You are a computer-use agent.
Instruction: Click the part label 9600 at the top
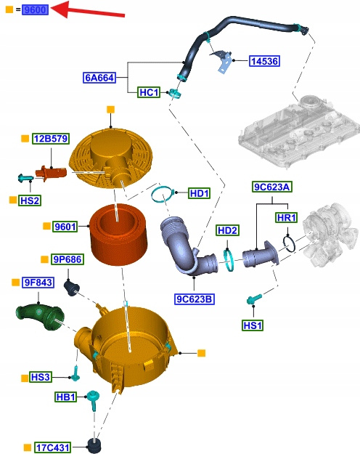(x=35, y=9)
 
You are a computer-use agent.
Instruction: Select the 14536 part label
(x=264, y=61)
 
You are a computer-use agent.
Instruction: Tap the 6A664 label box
(x=99, y=78)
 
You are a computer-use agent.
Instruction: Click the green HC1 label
(x=149, y=92)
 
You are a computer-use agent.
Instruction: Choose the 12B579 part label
(x=51, y=139)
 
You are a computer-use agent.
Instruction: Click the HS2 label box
(x=30, y=200)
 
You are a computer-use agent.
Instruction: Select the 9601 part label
(x=65, y=227)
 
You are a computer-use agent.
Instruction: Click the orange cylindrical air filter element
(x=118, y=235)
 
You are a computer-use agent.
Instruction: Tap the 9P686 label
(x=67, y=259)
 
